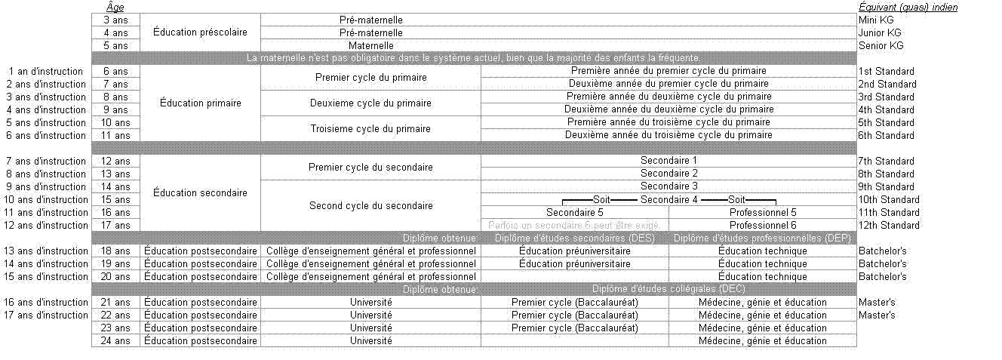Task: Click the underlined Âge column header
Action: tap(115, 7)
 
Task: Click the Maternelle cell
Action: tap(370, 45)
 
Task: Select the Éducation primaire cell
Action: tap(201, 103)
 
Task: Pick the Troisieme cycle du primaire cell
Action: tap(370, 128)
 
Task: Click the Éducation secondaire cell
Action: tap(200, 192)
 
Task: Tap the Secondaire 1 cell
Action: tap(669, 161)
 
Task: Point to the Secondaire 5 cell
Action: tap(574, 212)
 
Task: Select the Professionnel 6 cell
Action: tap(762, 225)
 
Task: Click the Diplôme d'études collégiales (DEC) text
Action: tap(669, 289)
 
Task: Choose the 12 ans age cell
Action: tap(115, 161)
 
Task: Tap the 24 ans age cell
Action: tap(115, 340)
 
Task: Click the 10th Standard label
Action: tap(889, 199)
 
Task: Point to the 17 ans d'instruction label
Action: tap(47, 315)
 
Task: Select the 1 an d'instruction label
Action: tap(47, 71)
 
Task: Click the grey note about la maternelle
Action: tap(474, 58)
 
